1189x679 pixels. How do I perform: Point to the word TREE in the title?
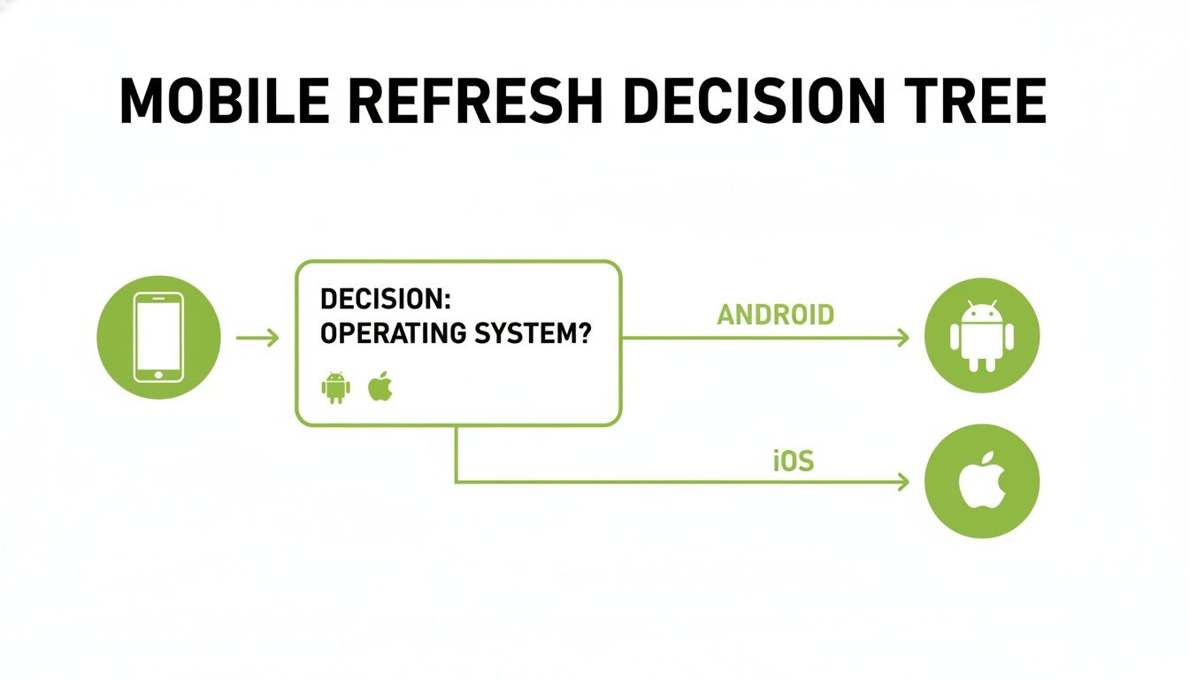973,102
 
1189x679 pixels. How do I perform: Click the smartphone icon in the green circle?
158,337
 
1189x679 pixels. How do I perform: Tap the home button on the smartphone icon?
158,374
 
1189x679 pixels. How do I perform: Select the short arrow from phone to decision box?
257,337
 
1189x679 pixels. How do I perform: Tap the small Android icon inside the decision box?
335,387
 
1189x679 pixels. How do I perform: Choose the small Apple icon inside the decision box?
380,386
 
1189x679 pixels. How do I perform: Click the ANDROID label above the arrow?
776,314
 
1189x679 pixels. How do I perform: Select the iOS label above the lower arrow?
793,461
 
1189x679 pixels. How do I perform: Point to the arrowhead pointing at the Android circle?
903,337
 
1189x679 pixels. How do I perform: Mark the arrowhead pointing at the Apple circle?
903,482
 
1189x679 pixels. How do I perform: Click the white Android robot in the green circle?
981,337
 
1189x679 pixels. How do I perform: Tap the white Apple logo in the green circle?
982,481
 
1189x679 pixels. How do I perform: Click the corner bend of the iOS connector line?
456,482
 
